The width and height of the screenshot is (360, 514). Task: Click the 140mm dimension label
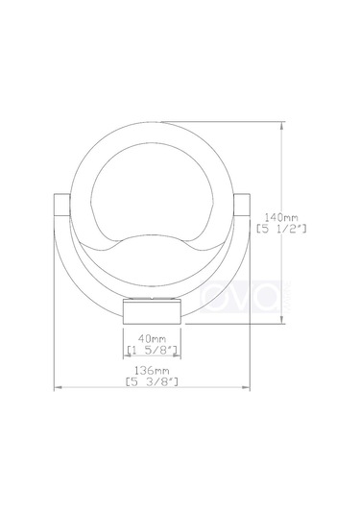point(281,217)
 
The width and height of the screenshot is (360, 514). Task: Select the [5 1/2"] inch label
point(281,229)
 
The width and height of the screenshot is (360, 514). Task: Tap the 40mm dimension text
point(152,338)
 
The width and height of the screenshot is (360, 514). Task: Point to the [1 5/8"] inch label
point(152,351)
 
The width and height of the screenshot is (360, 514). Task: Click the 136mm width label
point(152,371)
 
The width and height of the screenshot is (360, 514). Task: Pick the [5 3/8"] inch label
point(152,381)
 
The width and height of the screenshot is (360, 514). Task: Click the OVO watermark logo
point(241,297)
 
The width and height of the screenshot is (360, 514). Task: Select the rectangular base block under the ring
point(152,311)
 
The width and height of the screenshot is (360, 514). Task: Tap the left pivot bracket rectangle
point(61,205)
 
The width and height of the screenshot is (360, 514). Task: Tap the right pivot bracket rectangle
point(242,205)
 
